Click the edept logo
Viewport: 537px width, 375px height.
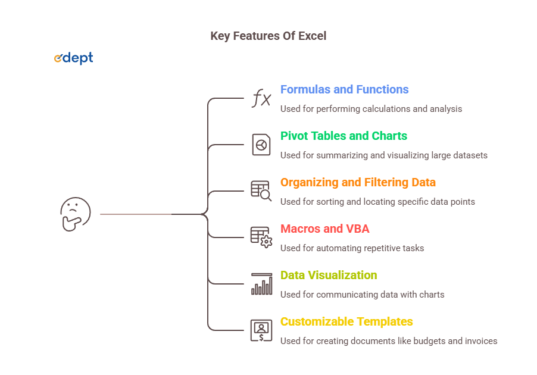pyautogui.click(x=74, y=58)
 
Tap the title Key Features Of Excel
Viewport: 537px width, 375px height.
pyautogui.click(x=268, y=36)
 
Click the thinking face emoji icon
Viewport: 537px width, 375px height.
pyautogui.click(x=76, y=214)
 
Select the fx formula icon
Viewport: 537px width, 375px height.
pyautogui.click(x=261, y=98)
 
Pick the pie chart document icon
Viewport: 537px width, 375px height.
pyautogui.click(x=261, y=145)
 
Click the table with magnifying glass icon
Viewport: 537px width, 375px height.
pyautogui.click(x=261, y=191)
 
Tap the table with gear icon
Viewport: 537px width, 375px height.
pyautogui.click(x=261, y=237)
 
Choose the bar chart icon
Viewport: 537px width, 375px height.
pyautogui.click(x=261, y=284)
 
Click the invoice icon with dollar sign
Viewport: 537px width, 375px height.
pyautogui.click(x=261, y=330)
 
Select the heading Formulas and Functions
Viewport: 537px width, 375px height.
pyautogui.click(x=345, y=89)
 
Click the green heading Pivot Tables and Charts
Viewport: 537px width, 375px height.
pyautogui.click(x=344, y=136)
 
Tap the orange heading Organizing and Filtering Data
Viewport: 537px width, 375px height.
pyautogui.click(x=358, y=183)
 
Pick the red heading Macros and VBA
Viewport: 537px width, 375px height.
pyautogui.click(x=325, y=229)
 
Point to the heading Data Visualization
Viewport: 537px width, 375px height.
pyautogui.click(x=329, y=276)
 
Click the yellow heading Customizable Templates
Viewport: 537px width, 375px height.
pyautogui.click(x=346, y=322)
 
